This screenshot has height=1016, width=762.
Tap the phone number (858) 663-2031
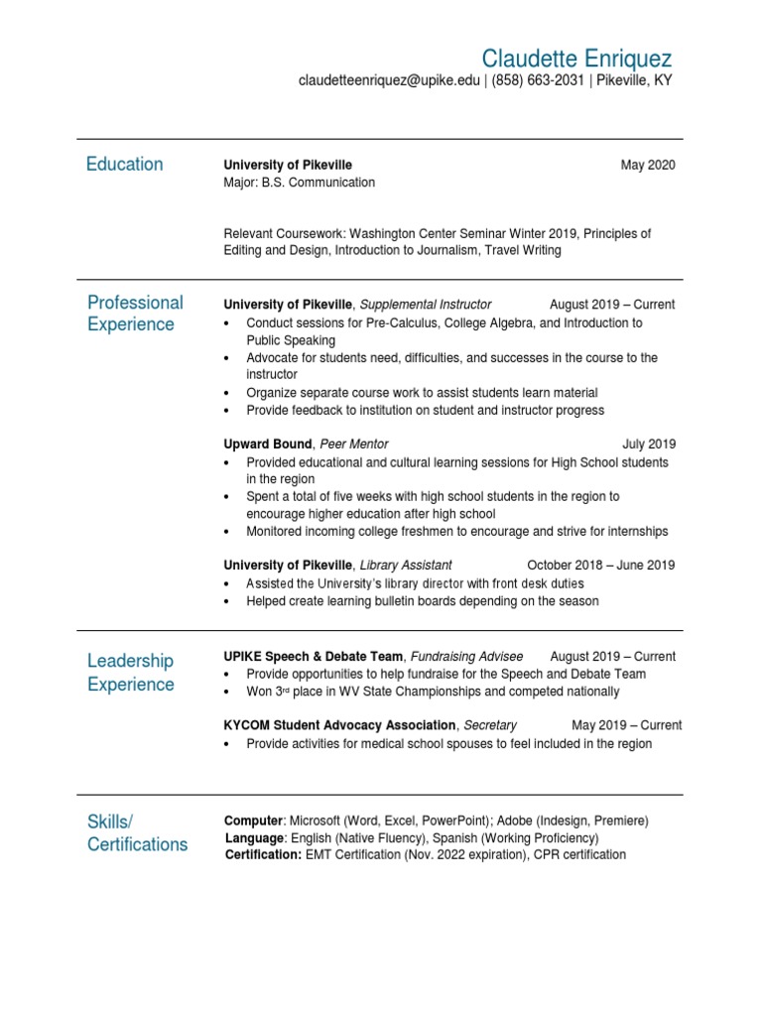pos(537,81)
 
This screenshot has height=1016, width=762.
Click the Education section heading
pos(125,165)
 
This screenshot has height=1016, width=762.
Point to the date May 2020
pos(648,165)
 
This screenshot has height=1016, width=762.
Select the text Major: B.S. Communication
pos(300,183)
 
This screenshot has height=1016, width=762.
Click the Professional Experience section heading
pos(135,314)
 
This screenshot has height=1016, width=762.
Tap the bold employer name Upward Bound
pos(268,444)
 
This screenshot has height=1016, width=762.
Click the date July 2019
pos(649,444)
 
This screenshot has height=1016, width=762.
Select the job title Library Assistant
pos(406,566)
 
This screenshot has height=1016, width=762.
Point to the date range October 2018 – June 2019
pos(601,566)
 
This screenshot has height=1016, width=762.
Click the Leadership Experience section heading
pos(131,673)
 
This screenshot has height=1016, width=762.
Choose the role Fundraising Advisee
pos(466,657)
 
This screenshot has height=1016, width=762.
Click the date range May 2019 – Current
pos(626,726)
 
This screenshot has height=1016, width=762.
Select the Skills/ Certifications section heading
pos(137,833)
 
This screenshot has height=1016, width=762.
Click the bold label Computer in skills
pos(254,822)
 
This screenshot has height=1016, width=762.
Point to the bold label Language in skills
pos(255,838)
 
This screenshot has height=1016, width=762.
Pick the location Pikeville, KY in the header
pos(635,81)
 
